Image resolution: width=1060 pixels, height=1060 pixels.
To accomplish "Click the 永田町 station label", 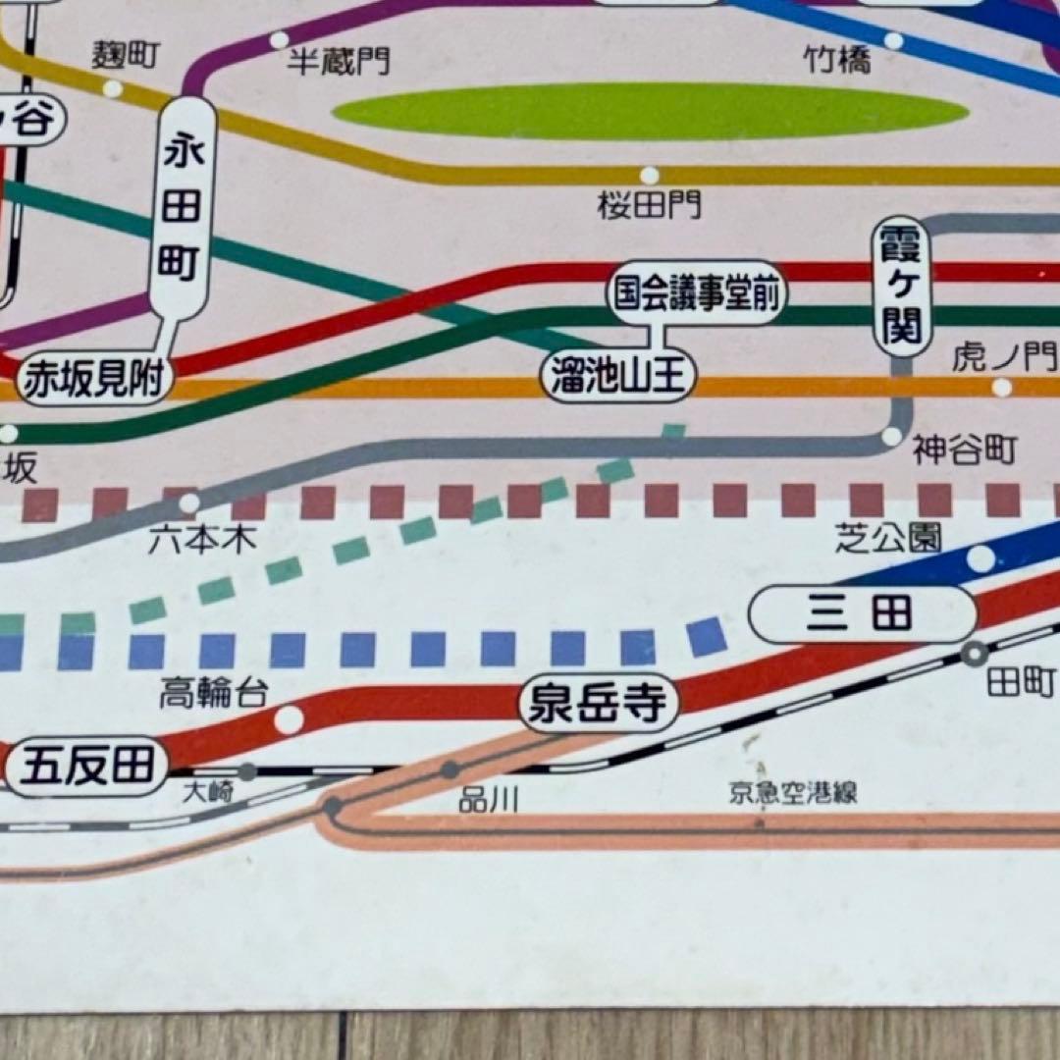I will click(182, 207).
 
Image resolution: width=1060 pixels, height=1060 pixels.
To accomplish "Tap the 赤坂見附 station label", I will click(94, 379).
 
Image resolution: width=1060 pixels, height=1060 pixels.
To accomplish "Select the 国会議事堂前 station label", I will click(697, 293).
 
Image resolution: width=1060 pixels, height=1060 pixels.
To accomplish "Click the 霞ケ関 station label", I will click(901, 286).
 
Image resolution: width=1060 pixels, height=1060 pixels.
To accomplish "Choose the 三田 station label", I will click(862, 614).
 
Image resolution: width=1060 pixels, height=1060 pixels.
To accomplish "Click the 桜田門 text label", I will click(650, 206).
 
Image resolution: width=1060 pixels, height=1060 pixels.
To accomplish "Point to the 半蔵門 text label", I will click(338, 62).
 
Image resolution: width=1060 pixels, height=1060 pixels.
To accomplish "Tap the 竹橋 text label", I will click(837, 62).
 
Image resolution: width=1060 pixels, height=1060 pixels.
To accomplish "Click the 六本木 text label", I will click(203, 539).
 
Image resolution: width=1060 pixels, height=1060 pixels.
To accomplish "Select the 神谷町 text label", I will click(964, 450).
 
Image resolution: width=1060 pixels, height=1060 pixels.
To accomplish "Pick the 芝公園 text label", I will click(888, 537).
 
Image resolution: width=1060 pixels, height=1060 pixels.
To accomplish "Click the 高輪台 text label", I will click(213, 694).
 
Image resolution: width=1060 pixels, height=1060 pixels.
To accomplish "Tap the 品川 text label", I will click(488, 800).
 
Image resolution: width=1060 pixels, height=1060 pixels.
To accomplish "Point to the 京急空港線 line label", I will click(792, 794).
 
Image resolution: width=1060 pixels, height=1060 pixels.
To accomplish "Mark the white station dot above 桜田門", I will click(649, 176).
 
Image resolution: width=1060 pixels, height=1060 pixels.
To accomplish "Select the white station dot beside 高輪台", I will click(289, 719).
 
